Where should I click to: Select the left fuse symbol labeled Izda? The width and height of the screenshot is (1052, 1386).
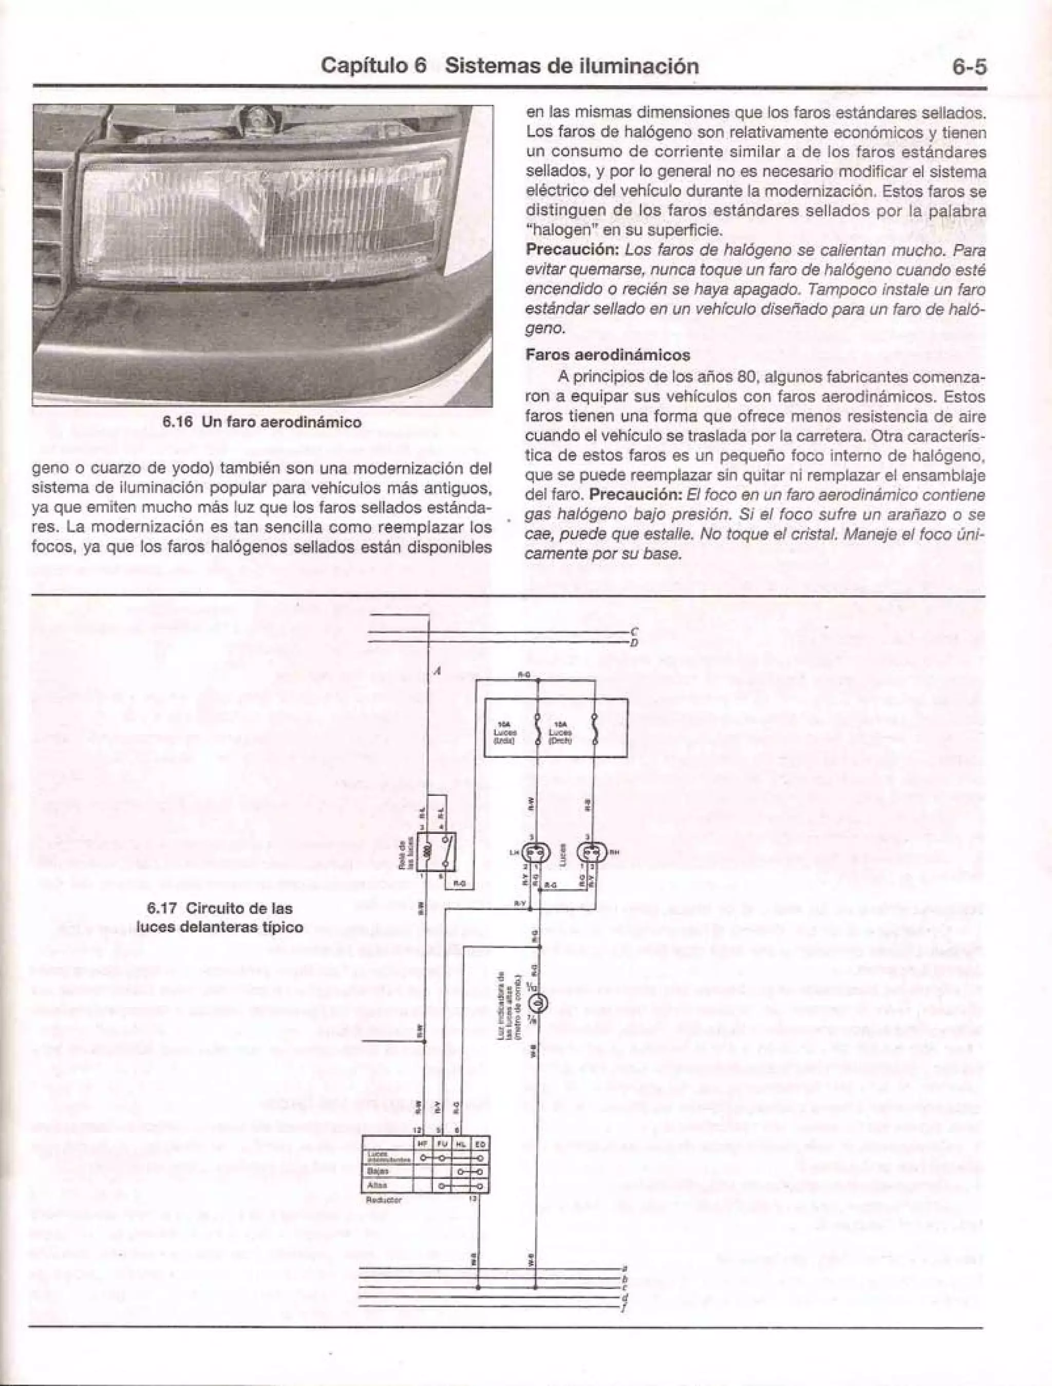tap(537, 730)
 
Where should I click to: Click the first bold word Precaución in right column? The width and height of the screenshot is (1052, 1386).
tap(571, 250)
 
